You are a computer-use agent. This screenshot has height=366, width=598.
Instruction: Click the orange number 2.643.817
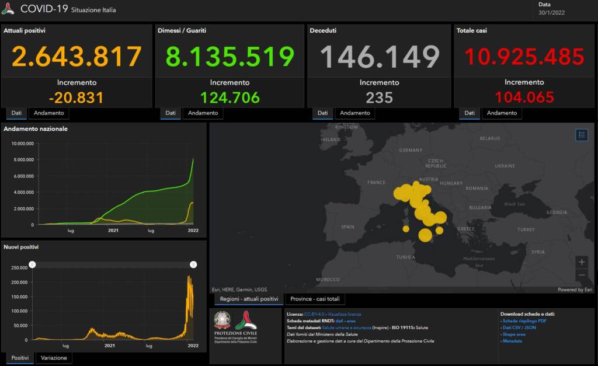77,57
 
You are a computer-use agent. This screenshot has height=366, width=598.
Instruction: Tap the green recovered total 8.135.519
230,57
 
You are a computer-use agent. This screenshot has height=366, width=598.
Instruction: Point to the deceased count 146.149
379,57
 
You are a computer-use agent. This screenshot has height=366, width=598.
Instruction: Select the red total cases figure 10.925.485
524,57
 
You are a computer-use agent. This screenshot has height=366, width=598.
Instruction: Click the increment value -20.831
77,97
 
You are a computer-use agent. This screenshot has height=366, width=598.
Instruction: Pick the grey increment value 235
379,97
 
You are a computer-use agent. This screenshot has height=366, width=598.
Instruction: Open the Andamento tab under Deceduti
355,113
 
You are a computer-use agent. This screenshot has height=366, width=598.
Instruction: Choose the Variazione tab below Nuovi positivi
53,358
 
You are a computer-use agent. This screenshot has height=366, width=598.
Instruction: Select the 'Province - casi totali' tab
315,299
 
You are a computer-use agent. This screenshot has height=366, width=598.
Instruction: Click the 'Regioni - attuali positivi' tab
249,299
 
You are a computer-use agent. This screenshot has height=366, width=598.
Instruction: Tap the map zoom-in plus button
581,262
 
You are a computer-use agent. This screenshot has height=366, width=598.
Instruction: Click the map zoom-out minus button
581,275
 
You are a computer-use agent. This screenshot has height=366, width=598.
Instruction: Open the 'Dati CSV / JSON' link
520,327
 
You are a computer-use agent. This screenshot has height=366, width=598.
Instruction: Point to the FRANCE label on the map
376,183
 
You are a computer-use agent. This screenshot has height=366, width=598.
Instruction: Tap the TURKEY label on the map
526,229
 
